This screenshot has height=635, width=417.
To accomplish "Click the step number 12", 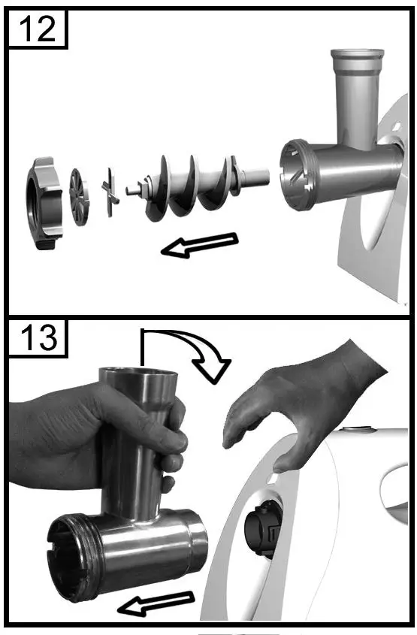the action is coord(38,29).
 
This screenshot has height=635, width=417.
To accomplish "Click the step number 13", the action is coord(38,338).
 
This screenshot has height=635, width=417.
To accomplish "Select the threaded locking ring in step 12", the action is coord(44,203).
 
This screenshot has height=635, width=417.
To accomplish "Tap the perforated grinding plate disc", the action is coord(79,197).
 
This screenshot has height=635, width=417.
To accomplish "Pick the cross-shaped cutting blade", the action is coord(110,192).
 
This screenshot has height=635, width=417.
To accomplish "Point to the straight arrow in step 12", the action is coord(200,245).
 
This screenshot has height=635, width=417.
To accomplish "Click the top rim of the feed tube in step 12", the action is coord(357,53).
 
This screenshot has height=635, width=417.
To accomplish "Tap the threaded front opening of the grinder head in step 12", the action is coord(297,174).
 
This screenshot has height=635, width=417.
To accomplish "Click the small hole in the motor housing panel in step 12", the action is coord(397,127).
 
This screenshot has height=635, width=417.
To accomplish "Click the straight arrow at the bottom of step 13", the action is coord(156,603).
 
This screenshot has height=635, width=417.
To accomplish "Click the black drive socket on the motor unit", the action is coord(263,528).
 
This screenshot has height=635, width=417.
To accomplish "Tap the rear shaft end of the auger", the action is coord(256,177).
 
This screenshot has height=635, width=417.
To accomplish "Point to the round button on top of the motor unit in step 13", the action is coord(356,428).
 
